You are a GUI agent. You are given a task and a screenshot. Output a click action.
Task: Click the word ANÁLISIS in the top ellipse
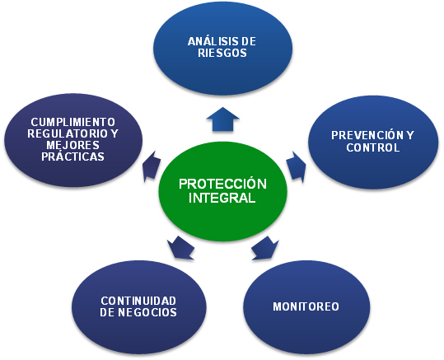[210, 41]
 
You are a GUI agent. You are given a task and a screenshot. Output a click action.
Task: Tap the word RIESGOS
[222, 54]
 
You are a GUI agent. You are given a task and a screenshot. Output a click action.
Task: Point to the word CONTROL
[372, 147]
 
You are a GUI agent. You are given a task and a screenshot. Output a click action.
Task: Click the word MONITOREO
[306, 306]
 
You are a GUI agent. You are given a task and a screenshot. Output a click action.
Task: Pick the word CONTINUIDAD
[138, 301]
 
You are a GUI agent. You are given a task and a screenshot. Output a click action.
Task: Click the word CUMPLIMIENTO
[73, 122]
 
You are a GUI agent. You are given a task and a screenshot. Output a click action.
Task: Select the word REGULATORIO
[68, 133]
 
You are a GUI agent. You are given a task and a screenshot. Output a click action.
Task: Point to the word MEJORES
[72, 145]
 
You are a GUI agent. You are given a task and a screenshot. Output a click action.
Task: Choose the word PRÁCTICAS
[72, 156]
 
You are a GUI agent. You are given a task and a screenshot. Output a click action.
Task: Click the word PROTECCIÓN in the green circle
[222, 184]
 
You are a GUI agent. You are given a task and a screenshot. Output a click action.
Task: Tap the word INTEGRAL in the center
[222, 198]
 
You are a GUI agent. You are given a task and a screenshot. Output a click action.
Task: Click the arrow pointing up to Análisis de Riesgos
[223, 119]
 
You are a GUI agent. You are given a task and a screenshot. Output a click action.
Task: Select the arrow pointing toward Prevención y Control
[297, 166]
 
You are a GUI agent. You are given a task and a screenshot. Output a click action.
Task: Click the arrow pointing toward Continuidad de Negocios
[180, 247]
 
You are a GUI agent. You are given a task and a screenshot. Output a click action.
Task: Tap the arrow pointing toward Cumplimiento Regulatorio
[152, 166]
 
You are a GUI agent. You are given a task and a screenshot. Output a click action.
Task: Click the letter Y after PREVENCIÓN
[410, 135]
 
